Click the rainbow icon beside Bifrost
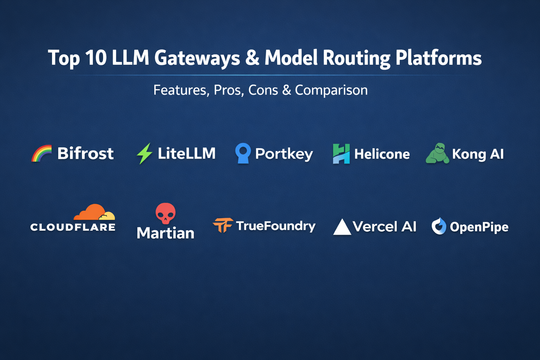pyautogui.click(x=41, y=154)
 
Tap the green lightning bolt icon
pyautogui.click(x=144, y=153)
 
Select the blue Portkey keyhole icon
pyautogui.click(x=243, y=153)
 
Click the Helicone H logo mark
pyautogui.click(x=341, y=154)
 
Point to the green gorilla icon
pyautogui.click(x=437, y=153)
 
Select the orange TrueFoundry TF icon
pyautogui.click(x=223, y=225)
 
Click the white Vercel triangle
pyautogui.click(x=342, y=227)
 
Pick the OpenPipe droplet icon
pyautogui.click(x=439, y=226)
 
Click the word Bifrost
pyautogui.click(x=85, y=153)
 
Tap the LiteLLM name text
pyautogui.click(x=186, y=153)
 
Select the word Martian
pyautogui.click(x=165, y=233)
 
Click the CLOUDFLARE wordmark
pyautogui.click(x=73, y=227)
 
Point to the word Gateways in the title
pyautogui.click(x=197, y=58)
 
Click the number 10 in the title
pyautogui.click(x=96, y=58)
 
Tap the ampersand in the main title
pyautogui.click(x=252, y=58)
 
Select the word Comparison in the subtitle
pyautogui.click(x=331, y=90)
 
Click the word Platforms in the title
pyautogui.click(x=438, y=58)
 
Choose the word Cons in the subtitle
pyautogui.click(x=263, y=90)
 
